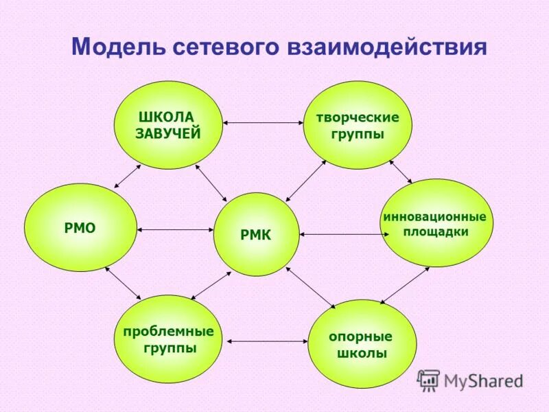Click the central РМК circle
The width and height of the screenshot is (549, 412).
click(x=256, y=235)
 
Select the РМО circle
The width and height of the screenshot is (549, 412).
click(x=80, y=227)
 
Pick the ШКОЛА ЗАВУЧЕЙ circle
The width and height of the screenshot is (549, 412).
click(x=168, y=125)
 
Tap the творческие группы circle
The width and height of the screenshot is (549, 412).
click(x=357, y=125)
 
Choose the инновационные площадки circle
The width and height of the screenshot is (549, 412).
click(x=436, y=223)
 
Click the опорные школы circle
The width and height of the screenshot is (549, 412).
click(x=362, y=344)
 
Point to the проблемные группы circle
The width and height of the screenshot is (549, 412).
click(x=167, y=339)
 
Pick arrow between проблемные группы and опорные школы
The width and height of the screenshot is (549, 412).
click(x=266, y=340)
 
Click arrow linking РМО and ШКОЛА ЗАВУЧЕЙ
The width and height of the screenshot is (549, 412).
click(x=127, y=175)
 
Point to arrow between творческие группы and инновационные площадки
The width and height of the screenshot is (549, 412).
click(x=400, y=171)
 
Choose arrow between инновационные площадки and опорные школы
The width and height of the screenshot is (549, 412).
click(x=405, y=285)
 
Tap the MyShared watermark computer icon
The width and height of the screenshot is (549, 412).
click(x=429, y=380)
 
